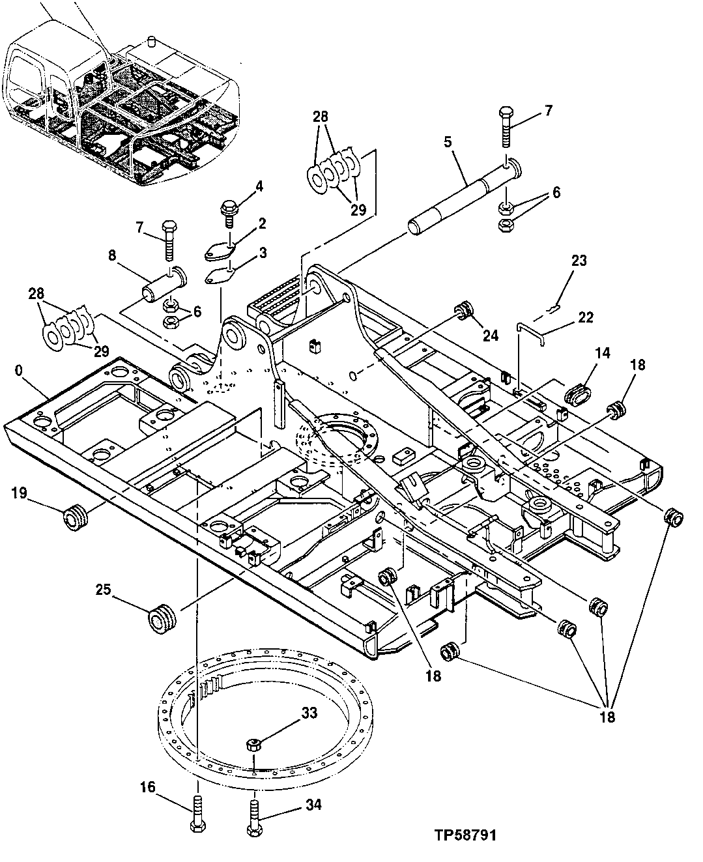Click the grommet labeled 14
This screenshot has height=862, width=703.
[578, 394]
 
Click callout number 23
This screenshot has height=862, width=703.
[579, 261]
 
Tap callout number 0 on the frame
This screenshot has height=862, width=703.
[20, 370]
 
